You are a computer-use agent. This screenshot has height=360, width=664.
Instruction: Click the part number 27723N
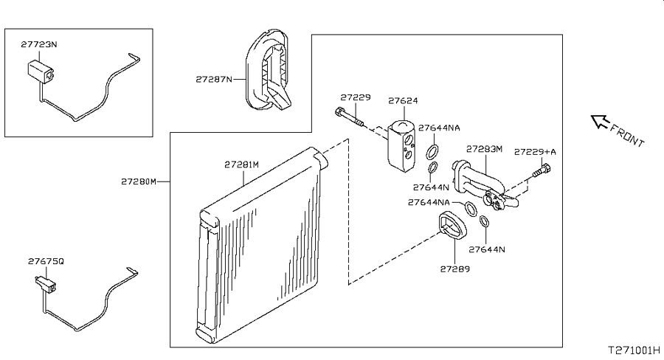pyautogui.click(x=38, y=44)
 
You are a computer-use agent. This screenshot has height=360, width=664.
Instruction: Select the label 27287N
pyautogui.click(x=214, y=79)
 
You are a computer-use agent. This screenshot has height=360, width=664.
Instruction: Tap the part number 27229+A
pyautogui.click(x=535, y=152)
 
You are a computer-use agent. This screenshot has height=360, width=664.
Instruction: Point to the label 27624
pyautogui.click(x=403, y=101)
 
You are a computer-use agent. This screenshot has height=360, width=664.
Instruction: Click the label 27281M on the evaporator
pyautogui.click(x=241, y=165)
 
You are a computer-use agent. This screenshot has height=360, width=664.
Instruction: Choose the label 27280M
pyautogui.click(x=139, y=181)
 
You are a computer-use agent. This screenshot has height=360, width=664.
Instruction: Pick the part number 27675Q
pyautogui.click(x=46, y=261)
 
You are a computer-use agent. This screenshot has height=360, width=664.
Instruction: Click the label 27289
pyautogui.click(x=454, y=269)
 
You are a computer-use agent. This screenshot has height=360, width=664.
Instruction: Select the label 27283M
pyautogui.click(x=484, y=149)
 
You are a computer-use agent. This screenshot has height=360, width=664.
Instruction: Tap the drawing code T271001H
pyautogui.click(x=634, y=350)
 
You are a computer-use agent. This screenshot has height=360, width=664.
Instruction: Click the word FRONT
pyautogui.click(x=627, y=134)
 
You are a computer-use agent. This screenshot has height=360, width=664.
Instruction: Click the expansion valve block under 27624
pyautogui.click(x=401, y=146)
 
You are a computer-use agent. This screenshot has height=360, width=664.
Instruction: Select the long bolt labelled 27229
pyautogui.click(x=350, y=117)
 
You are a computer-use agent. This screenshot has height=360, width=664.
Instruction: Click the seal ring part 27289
pyautogui.click(x=453, y=225)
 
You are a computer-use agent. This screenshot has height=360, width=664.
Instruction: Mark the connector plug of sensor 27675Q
pyautogui.click(x=45, y=285)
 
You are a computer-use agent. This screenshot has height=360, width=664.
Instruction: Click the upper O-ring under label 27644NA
pyautogui.click(x=432, y=152)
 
